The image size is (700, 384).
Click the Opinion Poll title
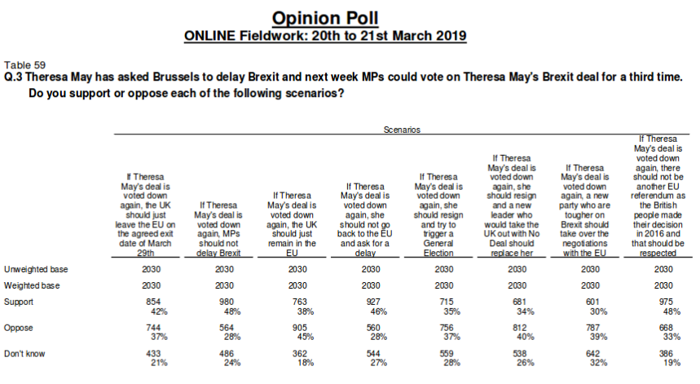point(325,17)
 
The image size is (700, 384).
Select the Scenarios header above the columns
point(402,130)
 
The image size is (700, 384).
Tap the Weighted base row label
point(32,285)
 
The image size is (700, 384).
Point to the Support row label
point(20,302)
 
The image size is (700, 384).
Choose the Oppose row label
point(20,327)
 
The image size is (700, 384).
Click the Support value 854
point(151,302)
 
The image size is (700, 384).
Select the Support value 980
point(224,302)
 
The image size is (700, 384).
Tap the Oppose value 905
point(297,327)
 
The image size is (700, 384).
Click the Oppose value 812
point(517,327)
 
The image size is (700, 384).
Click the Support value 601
point(590,302)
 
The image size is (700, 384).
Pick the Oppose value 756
point(444,327)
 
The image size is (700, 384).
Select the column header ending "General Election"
point(444,215)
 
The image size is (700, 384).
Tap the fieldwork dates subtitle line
point(325,36)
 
